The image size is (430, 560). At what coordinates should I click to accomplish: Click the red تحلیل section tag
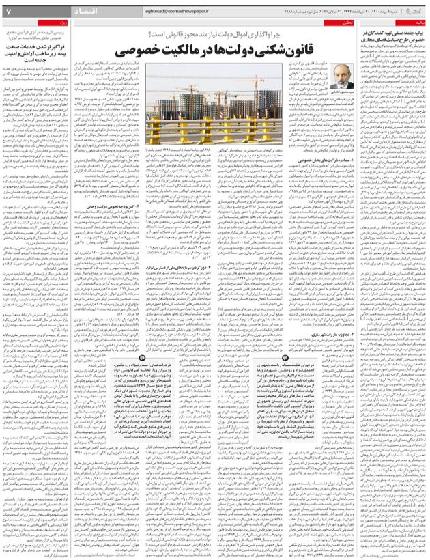pos(348,23)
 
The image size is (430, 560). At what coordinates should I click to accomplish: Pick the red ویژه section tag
pos(79,23)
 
